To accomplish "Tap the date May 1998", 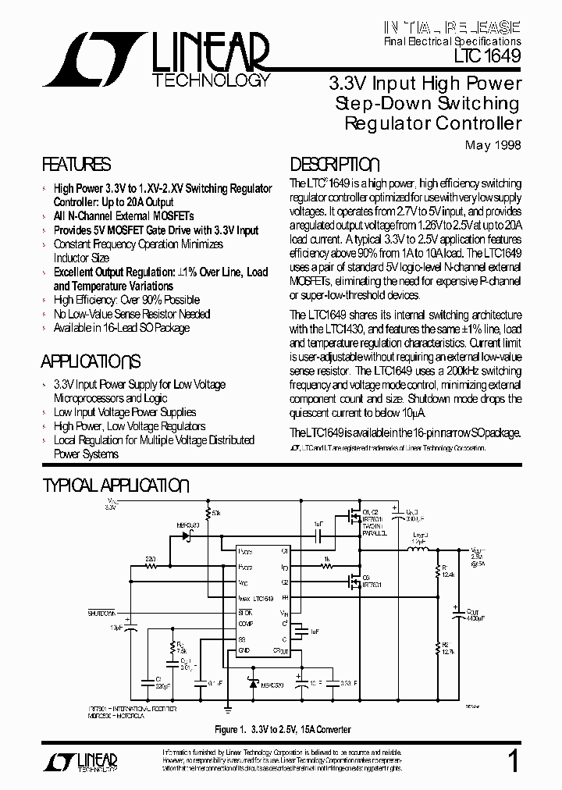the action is click(x=493, y=145).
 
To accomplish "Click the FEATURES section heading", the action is click(x=76, y=165).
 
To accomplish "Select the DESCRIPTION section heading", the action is click(x=335, y=165).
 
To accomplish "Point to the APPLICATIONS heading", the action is click(x=91, y=361).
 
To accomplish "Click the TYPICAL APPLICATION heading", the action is click(x=115, y=486).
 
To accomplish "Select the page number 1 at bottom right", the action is click(x=512, y=761).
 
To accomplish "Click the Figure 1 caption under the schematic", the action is click(x=283, y=729).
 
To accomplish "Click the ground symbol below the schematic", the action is click(x=227, y=709).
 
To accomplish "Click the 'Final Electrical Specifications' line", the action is click(x=452, y=40).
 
